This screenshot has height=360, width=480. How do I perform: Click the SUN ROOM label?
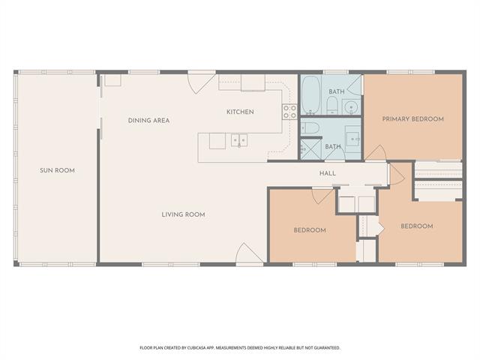click(x=57, y=170)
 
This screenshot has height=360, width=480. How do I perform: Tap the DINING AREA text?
click(x=148, y=121)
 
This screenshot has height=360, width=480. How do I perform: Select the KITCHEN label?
click(x=240, y=112)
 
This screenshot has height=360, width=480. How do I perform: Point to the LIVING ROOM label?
click(x=183, y=214)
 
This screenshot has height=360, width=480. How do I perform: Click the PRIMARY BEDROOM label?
click(x=413, y=118)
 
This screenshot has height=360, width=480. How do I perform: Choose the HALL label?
click(x=328, y=173)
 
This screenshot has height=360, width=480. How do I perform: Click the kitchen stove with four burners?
click(x=289, y=112)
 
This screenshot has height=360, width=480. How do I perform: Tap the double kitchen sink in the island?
click(x=239, y=140)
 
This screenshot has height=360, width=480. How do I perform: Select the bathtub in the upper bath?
click(x=310, y=95)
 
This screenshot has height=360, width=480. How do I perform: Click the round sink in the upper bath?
click(x=351, y=107)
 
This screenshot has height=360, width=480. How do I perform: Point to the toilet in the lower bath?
click(x=310, y=128)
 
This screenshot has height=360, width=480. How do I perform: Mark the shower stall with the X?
click(x=310, y=149)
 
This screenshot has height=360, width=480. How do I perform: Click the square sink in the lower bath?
click(x=353, y=139)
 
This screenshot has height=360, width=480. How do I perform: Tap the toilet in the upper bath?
click(x=331, y=105)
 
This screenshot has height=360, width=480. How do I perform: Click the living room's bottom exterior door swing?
click(x=249, y=253)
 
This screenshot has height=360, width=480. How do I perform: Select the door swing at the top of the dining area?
click(x=202, y=82)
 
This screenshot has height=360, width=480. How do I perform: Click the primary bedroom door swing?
click(x=376, y=152)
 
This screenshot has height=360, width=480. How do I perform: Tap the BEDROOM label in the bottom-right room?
click(x=417, y=226)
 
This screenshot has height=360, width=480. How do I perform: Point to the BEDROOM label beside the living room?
click(x=310, y=230)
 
